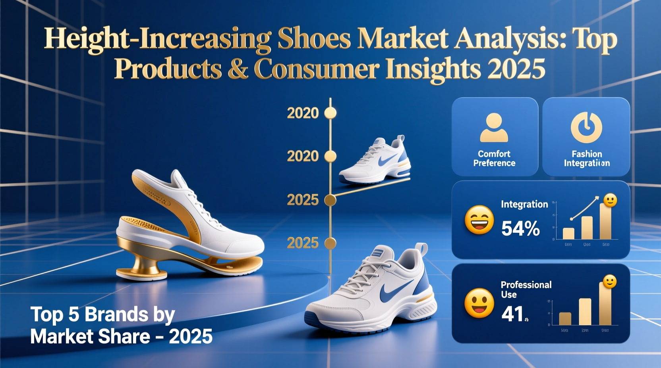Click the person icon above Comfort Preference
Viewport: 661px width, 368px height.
tap(494, 128)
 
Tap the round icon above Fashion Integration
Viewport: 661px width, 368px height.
tap(586, 127)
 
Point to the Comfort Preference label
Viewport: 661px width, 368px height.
tap(494, 158)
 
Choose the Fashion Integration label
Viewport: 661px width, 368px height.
tap(587, 159)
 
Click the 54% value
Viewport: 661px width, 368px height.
tap(520, 228)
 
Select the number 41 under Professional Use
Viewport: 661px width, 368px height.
tap(512, 314)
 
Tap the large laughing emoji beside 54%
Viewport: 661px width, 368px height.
tap(479, 220)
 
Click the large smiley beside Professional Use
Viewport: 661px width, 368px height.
tap(479, 303)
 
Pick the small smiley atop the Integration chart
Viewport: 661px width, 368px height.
tap(610, 200)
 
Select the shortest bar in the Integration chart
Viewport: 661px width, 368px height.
tap(568, 234)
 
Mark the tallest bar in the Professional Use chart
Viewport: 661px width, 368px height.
tap(605, 305)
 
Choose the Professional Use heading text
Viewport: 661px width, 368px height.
tap(526, 289)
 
